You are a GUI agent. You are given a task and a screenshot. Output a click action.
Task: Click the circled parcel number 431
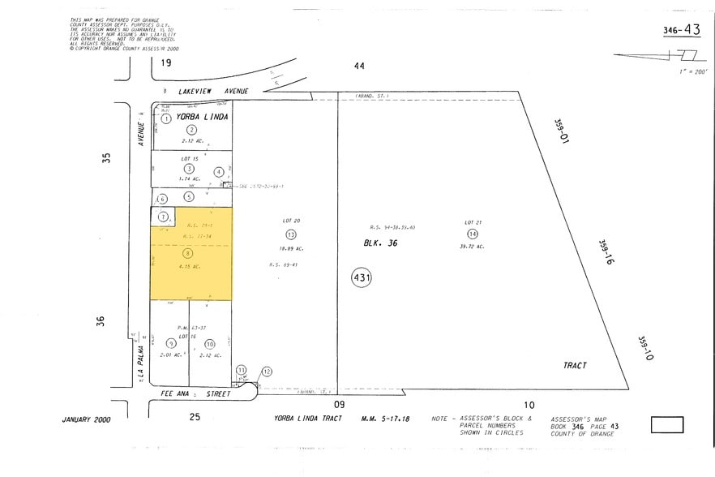tap(362, 278)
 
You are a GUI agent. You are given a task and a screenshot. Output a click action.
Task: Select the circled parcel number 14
tap(473, 234)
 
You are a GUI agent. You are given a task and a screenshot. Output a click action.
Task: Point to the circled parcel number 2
tap(192, 130)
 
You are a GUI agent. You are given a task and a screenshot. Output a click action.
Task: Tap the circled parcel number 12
tap(266, 372)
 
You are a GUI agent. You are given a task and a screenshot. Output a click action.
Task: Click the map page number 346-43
tap(681, 30)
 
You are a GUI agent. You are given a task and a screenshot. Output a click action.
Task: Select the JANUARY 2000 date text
tap(86, 419)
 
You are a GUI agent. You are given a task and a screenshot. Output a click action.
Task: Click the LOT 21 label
tap(473, 222)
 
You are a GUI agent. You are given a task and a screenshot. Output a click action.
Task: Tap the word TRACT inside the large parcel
tap(575, 365)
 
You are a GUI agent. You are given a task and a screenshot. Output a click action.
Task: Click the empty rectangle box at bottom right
tap(666, 424)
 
